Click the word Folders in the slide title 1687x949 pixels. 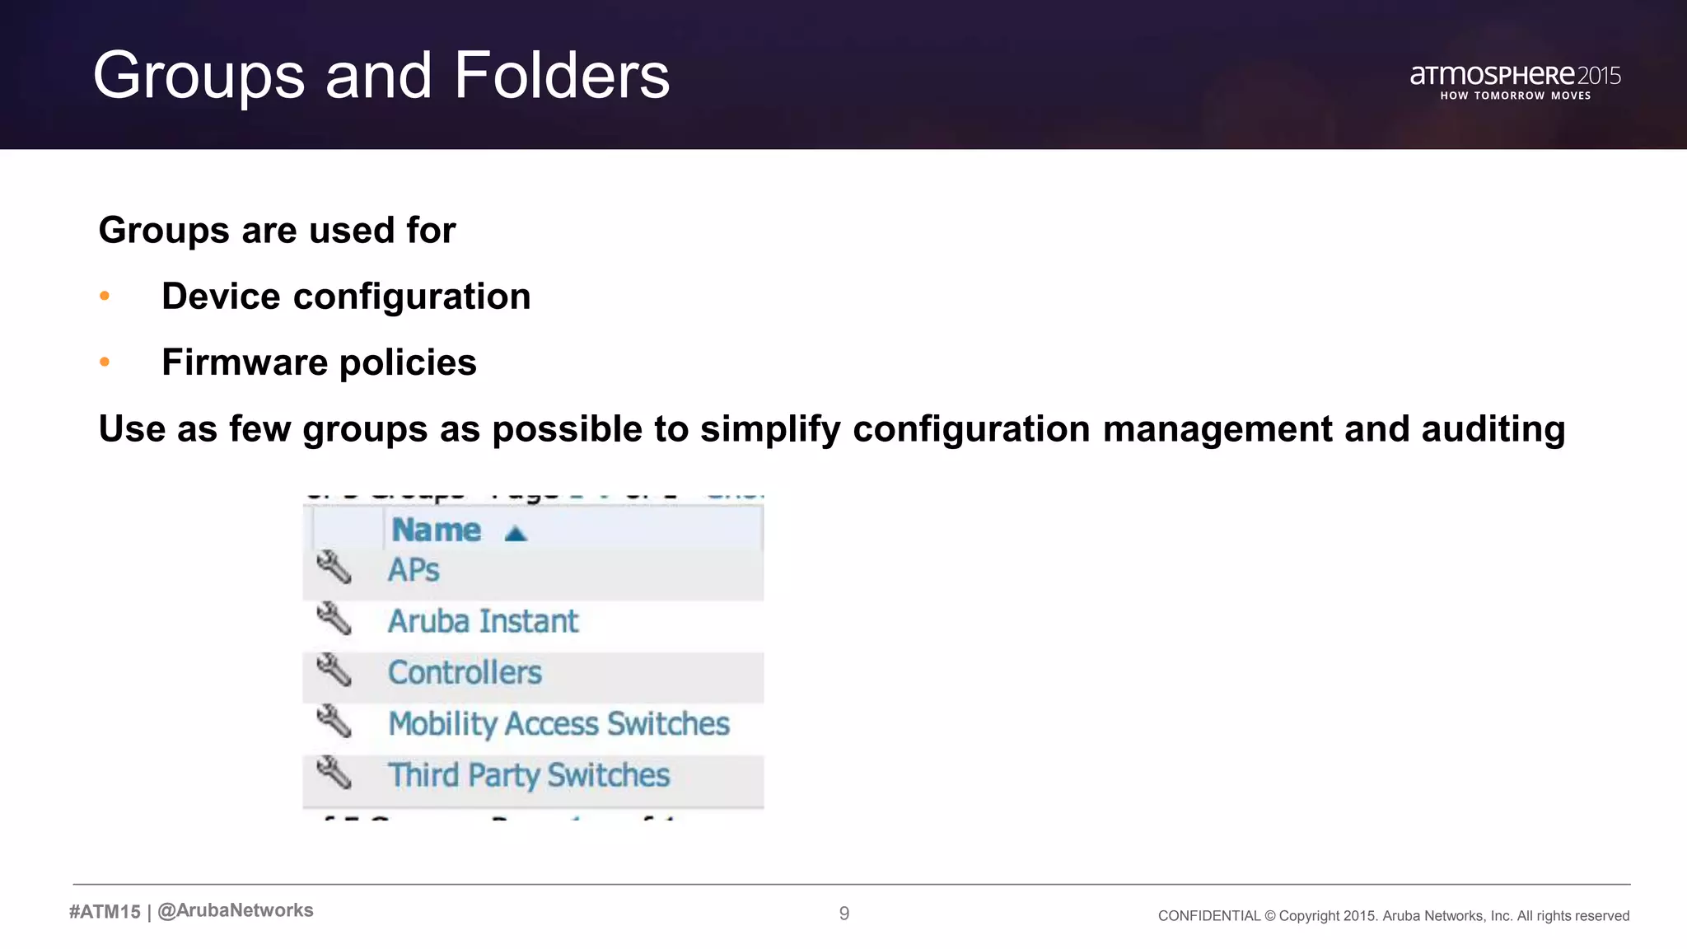[562, 76]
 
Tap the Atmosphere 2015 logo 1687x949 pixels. [1515, 81]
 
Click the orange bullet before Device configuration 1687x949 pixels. [105, 296]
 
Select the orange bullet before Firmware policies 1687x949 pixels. [105, 362]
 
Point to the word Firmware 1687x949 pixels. [245, 362]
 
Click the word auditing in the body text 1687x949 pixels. [1493, 429]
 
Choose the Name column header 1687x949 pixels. [437, 530]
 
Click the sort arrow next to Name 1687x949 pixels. [516, 534]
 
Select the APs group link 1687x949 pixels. [414, 570]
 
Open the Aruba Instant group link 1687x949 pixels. [483, 621]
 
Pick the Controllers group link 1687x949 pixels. [465, 673]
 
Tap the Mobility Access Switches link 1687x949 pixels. [558, 724]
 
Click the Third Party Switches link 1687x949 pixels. [529, 775]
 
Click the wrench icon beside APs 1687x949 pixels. [334, 568]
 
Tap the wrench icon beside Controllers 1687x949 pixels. [334, 671]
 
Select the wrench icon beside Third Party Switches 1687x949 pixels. [334, 773]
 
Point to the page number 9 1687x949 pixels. [843, 913]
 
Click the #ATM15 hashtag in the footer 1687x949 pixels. [105, 911]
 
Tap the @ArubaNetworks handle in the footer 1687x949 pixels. [236, 910]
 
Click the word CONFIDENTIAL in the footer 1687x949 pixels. [1208, 916]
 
